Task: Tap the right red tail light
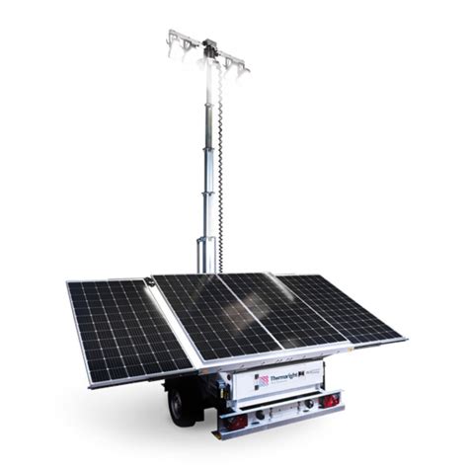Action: pyautogui.click(x=333, y=399)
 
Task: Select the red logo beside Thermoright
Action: pyautogui.click(x=264, y=381)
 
